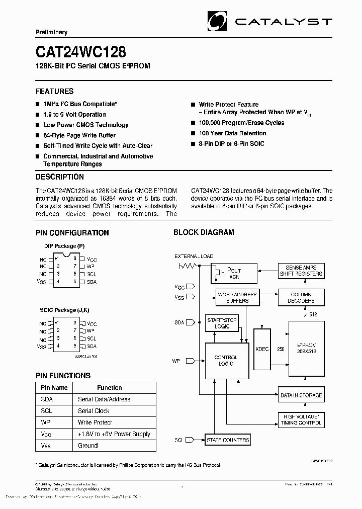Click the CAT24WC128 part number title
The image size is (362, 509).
[x=80, y=52]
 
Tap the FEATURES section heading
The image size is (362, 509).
[x=54, y=92]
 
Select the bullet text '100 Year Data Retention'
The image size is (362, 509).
[x=232, y=133]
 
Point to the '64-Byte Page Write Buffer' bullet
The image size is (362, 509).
[x=79, y=135]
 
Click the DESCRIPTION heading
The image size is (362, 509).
[x=60, y=177]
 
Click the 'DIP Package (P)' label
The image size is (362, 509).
[x=64, y=246]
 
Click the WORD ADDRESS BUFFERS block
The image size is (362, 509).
[x=237, y=297]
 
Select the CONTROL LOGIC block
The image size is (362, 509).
[x=226, y=361]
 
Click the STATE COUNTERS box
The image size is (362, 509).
[x=228, y=440]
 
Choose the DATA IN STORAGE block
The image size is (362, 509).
[x=301, y=395]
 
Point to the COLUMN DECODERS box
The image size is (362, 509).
[x=301, y=297]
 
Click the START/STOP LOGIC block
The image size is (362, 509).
[x=222, y=323]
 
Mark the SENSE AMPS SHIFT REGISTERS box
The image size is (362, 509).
[x=301, y=271]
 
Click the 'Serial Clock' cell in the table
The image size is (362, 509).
[x=95, y=411]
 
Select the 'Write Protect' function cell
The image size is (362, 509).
[x=95, y=422]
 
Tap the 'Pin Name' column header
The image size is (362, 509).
[x=54, y=388]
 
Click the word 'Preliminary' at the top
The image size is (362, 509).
[x=51, y=32]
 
